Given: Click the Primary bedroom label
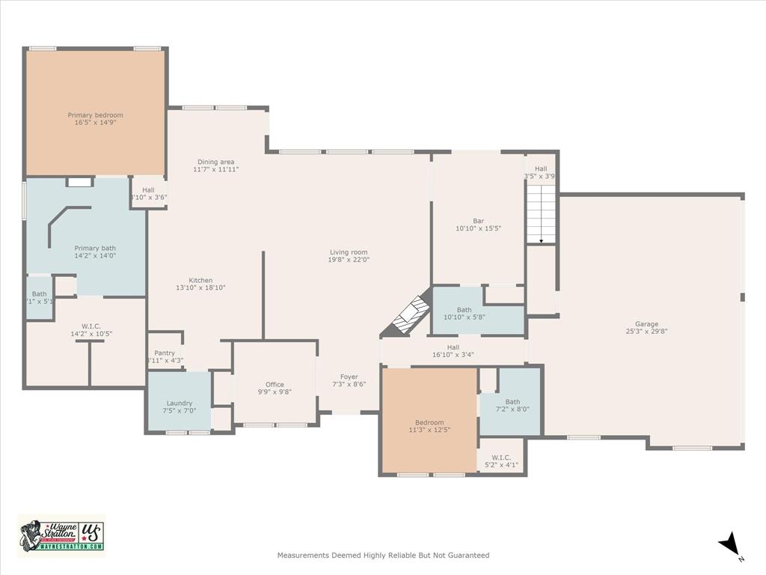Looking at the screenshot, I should [95, 115].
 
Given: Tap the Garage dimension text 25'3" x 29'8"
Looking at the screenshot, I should [647, 331].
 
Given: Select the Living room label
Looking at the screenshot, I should [349, 252].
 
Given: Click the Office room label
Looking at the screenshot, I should [275, 385].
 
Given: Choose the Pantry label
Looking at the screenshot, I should [165, 353].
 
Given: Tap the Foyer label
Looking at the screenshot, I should [349, 377].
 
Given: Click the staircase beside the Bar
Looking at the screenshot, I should [541, 216].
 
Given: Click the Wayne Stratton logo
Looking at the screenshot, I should [61, 535].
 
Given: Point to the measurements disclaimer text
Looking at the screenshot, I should [383, 556].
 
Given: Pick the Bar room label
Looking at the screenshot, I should [478, 221].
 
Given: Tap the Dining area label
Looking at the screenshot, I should [216, 162].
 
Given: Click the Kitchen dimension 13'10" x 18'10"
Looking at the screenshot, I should [200, 287].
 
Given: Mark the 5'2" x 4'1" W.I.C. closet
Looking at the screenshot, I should [501, 461].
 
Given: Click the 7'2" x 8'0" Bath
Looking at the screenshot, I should [512, 405].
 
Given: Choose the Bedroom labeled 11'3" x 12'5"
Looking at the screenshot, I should [429, 426].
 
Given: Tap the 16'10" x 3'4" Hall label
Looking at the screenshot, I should [453, 351].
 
